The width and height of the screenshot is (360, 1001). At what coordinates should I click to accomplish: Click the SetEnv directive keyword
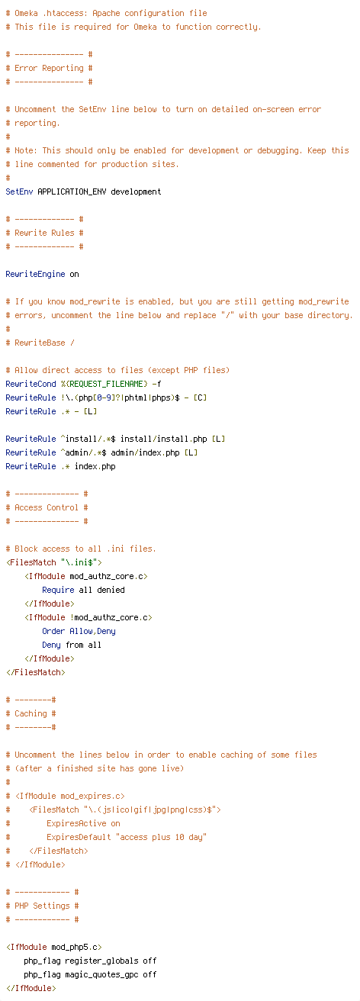[19, 192]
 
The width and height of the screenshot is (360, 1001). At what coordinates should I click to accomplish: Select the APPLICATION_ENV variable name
[72, 192]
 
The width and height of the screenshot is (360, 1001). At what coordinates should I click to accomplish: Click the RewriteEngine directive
[35, 274]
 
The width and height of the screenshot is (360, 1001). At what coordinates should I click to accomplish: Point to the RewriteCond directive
[31, 384]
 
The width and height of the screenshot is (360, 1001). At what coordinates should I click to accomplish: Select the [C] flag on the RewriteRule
[200, 398]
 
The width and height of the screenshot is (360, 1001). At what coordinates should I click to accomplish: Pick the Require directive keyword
[58, 590]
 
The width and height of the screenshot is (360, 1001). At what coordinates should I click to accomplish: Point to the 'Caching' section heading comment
[31, 713]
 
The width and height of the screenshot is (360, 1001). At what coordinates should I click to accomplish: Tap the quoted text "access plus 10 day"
[161, 837]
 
